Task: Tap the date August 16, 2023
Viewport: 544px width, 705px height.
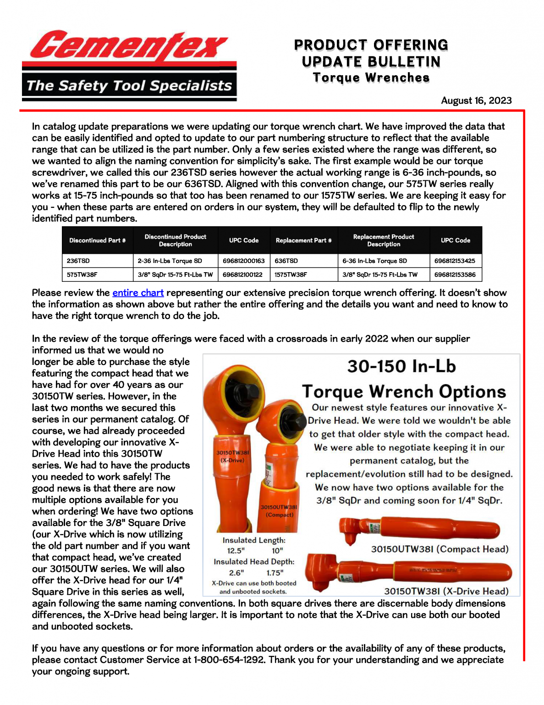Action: [476, 101]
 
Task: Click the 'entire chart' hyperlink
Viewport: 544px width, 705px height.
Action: [138, 293]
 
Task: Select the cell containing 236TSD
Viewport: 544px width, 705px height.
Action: [78, 261]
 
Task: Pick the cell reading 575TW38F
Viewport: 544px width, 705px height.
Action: [82, 274]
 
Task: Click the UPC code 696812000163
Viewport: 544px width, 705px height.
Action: [244, 261]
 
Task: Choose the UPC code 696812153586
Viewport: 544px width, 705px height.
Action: [455, 274]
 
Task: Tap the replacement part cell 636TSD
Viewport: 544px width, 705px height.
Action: [286, 261]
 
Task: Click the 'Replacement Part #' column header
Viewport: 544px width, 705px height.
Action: [303, 240]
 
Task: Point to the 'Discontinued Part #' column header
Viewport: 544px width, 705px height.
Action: [97, 240]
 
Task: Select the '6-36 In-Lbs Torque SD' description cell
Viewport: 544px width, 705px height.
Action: [374, 261]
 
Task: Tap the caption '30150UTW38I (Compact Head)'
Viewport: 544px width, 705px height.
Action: [440, 549]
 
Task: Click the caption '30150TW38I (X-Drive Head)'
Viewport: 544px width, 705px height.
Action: [446, 591]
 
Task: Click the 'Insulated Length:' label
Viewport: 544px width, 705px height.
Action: [254, 540]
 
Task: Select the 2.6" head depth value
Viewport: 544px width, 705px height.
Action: [236, 572]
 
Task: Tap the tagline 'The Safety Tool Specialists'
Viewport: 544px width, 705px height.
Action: [129, 85]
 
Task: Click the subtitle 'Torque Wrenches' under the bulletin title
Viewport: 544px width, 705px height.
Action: [371, 78]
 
